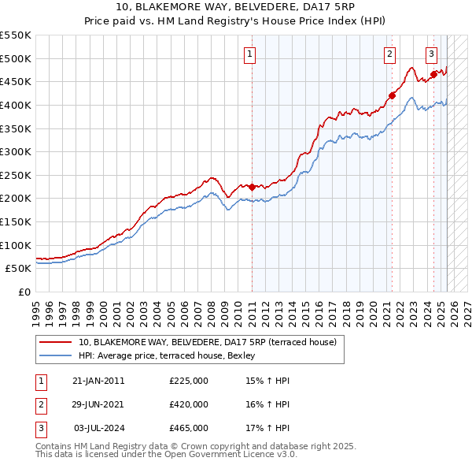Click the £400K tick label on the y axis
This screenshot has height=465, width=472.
point(16,105)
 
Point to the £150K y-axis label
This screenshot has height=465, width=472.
point(16,221)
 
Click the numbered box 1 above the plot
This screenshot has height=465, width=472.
point(249,54)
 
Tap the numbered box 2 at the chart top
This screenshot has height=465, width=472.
point(389,54)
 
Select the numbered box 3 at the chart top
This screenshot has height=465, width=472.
point(432,54)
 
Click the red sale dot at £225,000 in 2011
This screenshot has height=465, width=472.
point(252,187)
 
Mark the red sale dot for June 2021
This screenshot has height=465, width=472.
point(392,96)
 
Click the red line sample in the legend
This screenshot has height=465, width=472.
point(56,342)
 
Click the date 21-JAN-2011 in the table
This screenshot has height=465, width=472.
point(98,381)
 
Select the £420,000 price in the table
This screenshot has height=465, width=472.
point(189,404)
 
